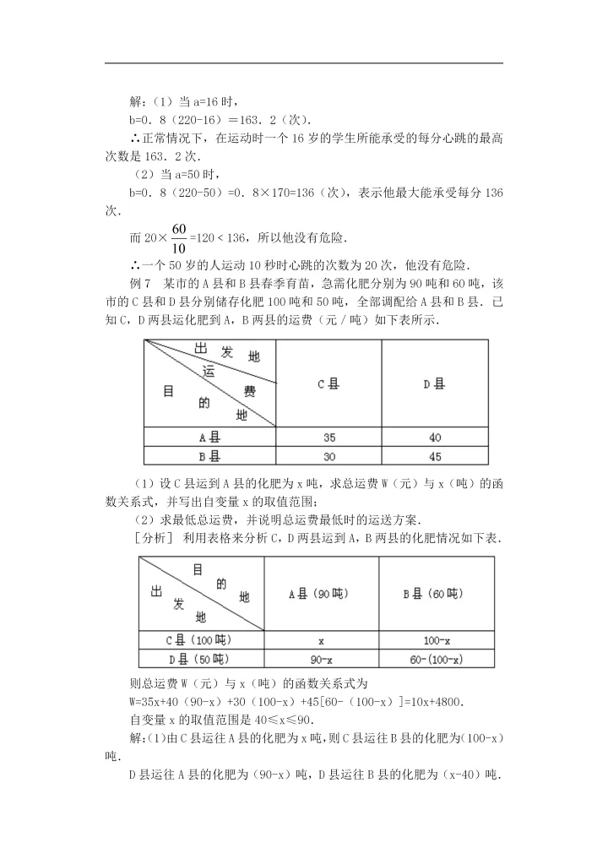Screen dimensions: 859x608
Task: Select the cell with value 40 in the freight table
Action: point(434,438)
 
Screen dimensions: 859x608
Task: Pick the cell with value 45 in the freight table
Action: point(434,456)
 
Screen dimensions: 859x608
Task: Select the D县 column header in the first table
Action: point(434,383)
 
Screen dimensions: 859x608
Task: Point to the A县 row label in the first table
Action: point(209,438)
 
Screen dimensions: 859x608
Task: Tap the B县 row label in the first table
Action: point(209,456)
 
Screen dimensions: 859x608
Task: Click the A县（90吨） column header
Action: point(321,594)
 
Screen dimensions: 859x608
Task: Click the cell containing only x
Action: point(321,640)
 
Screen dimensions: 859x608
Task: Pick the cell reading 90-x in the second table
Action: point(321,659)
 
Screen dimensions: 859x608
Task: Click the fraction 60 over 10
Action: point(178,238)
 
